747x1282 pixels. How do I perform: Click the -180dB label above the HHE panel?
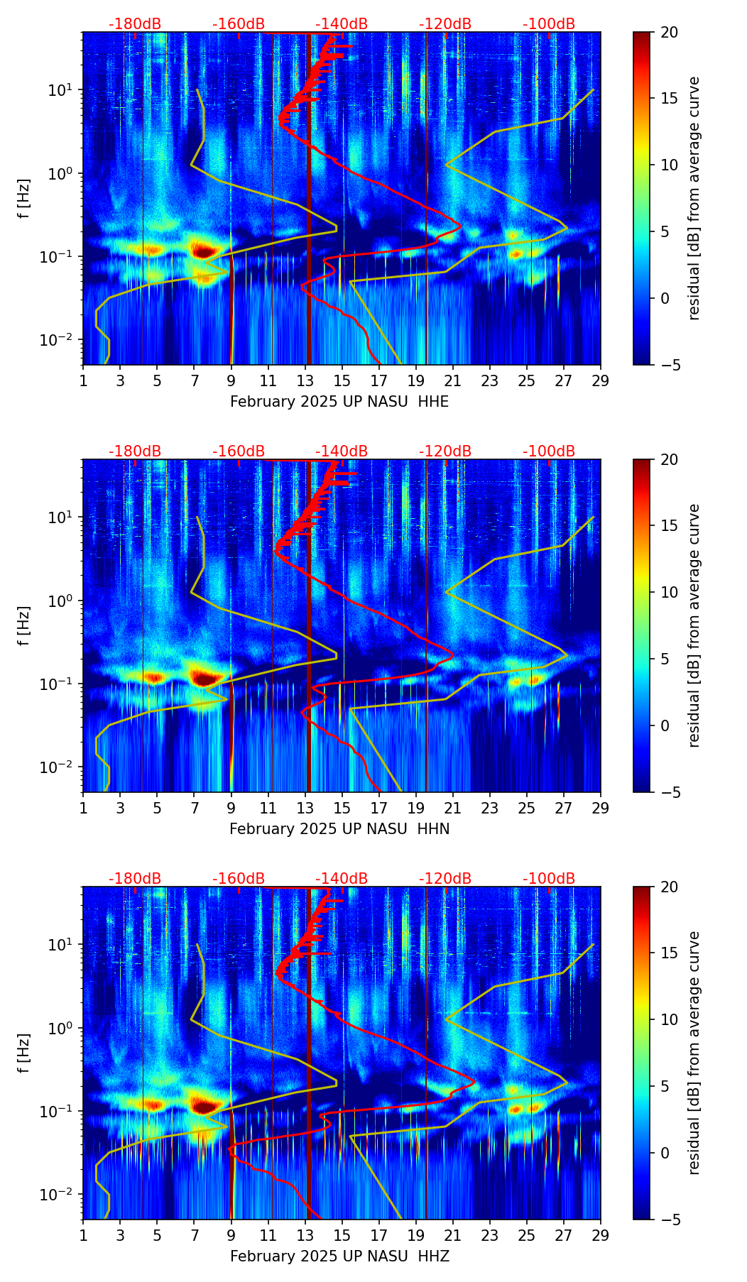pos(135,24)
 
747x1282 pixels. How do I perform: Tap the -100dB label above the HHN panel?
pos(549,451)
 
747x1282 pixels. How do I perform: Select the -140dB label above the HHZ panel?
pos(342,879)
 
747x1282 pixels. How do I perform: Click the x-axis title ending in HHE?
pos(339,402)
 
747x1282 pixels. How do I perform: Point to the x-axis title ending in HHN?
pos(339,829)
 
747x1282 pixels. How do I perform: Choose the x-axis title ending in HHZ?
pos(339,1256)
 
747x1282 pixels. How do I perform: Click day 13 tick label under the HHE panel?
pos(305,380)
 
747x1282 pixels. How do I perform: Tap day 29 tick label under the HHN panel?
pos(600,807)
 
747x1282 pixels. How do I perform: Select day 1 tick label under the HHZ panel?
pos(84,1234)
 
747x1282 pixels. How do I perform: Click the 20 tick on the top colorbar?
pos(670,32)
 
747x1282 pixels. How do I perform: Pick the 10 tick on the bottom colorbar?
pos(670,1019)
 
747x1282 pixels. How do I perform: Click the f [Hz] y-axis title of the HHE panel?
pos(24,199)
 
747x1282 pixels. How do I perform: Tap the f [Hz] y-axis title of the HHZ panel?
pos(24,1053)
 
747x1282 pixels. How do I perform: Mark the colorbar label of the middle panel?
pos(694,625)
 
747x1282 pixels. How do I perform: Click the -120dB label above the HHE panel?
pos(445,24)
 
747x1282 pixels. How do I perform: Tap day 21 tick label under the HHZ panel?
pos(452,1234)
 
